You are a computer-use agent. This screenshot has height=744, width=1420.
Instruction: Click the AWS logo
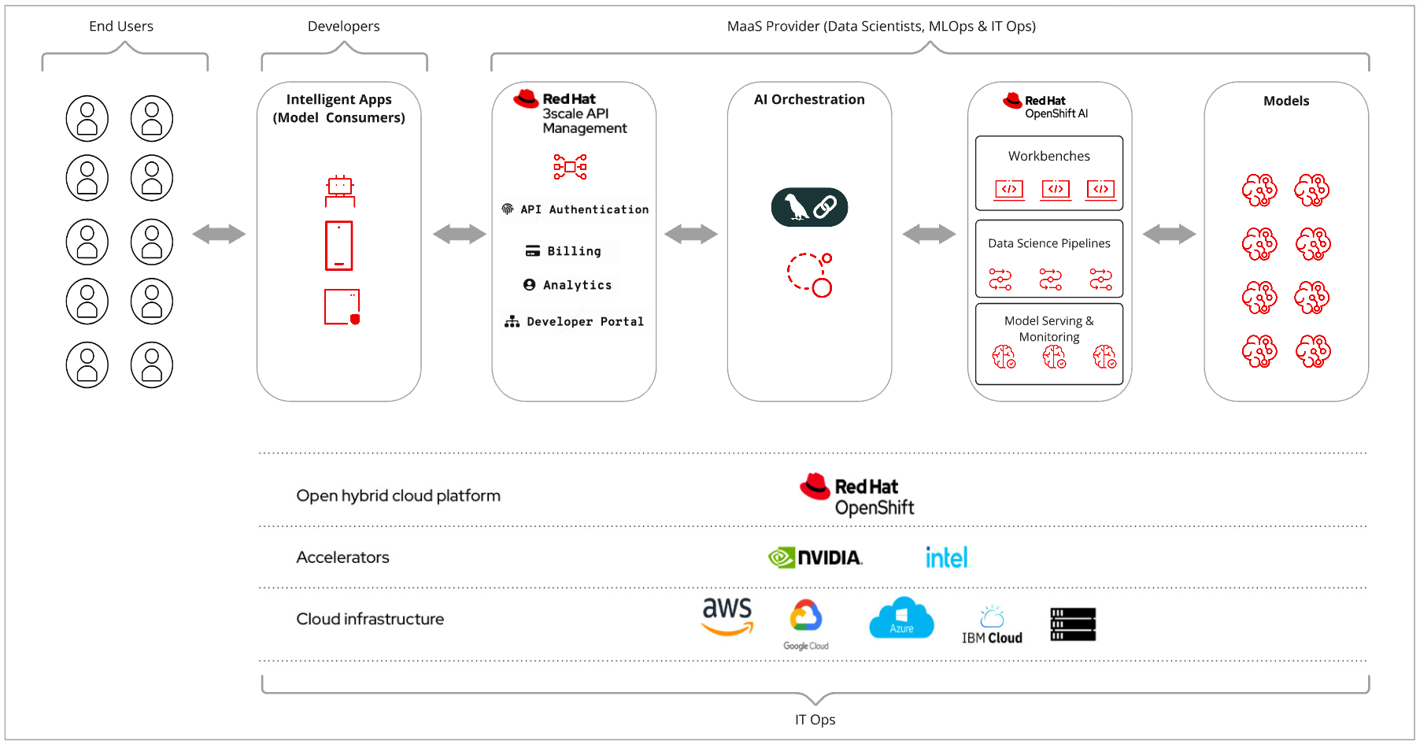click(727, 616)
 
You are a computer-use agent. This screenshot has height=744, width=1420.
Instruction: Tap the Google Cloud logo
click(806, 624)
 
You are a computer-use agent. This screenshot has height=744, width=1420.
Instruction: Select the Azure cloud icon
click(901, 618)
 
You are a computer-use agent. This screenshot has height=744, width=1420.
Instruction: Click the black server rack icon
click(1073, 624)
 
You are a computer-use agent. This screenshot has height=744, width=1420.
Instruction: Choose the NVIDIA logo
click(815, 557)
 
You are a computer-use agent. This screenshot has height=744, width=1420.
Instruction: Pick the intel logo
click(947, 557)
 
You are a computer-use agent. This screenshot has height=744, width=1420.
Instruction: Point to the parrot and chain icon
click(809, 207)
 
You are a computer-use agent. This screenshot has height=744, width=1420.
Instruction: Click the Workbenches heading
click(1048, 156)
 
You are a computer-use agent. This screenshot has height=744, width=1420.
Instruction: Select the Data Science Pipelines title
click(1048, 243)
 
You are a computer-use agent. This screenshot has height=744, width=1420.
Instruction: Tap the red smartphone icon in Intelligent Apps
click(339, 246)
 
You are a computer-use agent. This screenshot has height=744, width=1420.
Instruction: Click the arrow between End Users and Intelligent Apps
click(219, 234)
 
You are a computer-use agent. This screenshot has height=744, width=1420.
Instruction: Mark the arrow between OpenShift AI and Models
click(1169, 234)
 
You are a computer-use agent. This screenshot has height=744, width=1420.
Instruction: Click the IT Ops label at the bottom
click(815, 720)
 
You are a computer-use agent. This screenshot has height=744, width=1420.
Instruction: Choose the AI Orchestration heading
click(809, 99)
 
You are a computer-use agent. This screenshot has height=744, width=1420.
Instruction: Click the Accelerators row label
click(342, 557)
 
